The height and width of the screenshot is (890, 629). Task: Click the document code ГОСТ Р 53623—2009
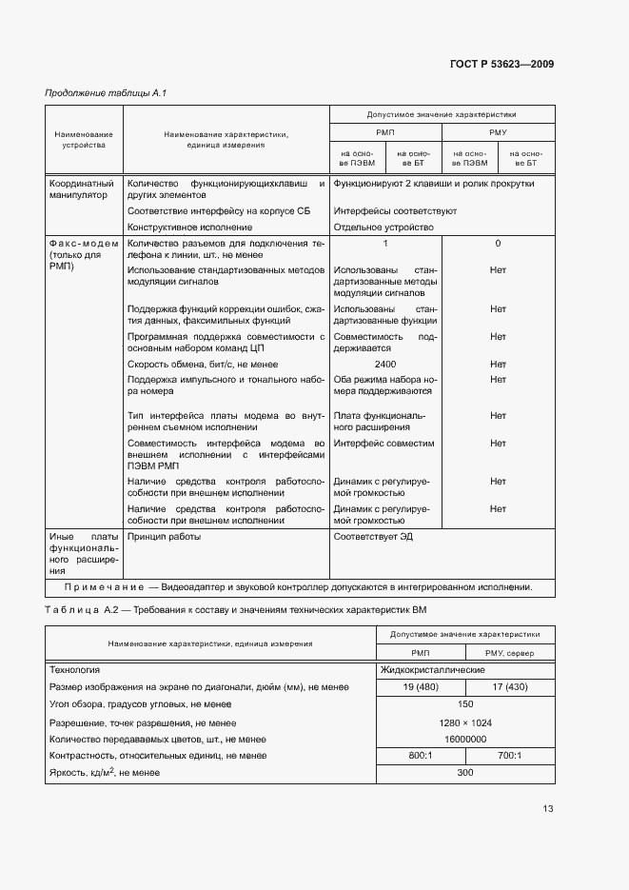point(501,65)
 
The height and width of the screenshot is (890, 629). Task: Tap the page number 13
point(547,809)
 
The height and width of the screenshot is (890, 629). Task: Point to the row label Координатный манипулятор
point(81,189)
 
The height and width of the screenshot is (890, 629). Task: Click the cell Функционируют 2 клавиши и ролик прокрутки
point(433,184)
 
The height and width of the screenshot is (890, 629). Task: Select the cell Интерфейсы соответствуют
point(395,210)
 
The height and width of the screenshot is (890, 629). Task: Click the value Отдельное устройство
point(383,227)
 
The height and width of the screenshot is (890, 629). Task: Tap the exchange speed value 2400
point(384,365)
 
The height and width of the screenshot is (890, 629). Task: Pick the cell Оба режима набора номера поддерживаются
point(384,386)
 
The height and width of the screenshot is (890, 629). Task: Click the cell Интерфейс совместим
point(383,444)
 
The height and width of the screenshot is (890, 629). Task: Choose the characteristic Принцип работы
point(164,537)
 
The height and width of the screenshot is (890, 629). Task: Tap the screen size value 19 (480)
point(420,687)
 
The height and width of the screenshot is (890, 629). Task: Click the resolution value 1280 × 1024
point(464,722)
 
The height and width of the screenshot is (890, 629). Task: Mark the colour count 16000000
point(464,739)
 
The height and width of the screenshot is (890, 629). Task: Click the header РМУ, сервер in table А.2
point(504,653)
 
